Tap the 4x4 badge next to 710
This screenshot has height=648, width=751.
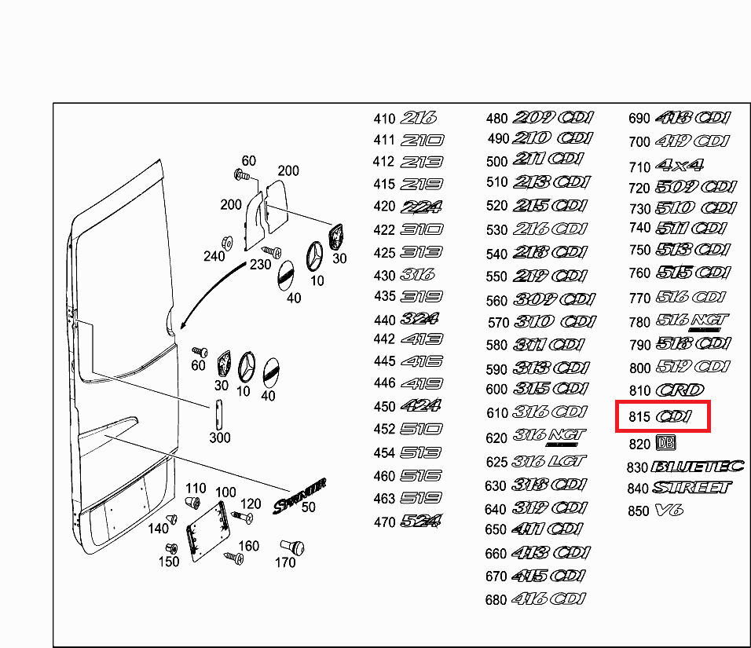679,166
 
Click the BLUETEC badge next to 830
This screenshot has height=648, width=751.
697,466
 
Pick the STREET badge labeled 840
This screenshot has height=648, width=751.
691,487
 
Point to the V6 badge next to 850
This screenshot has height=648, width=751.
669,511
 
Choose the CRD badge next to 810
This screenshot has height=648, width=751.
680,390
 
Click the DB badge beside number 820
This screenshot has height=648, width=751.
665,442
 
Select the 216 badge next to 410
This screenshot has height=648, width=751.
418,119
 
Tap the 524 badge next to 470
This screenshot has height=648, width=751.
421,520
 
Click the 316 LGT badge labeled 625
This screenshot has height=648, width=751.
550,461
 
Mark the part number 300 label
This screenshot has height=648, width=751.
220,437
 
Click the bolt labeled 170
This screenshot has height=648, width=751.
292,547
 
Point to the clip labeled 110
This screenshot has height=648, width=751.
192,503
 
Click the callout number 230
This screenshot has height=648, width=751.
260,265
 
